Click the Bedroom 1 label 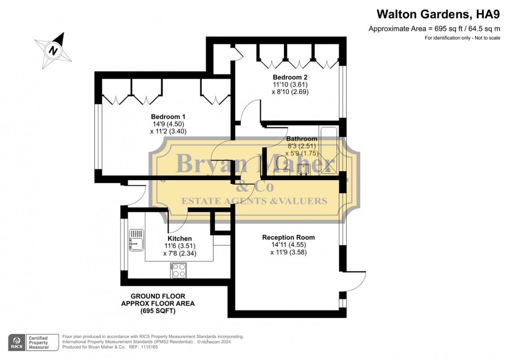click(x=168, y=117)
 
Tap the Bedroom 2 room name click(x=290, y=78)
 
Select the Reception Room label click(x=288, y=238)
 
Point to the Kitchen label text click(x=180, y=239)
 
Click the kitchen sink click(x=136, y=240)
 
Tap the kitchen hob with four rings click(x=178, y=271)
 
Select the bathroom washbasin click(x=303, y=169)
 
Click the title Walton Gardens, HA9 click(x=438, y=14)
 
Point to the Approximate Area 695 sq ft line click(x=434, y=29)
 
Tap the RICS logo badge click(x=17, y=342)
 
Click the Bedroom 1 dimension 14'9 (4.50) click(x=169, y=124)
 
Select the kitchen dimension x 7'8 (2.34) click(x=180, y=254)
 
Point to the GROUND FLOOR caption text click(x=158, y=296)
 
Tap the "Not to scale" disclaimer click(x=488, y=38)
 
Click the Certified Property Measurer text click(x=38, y=343)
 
